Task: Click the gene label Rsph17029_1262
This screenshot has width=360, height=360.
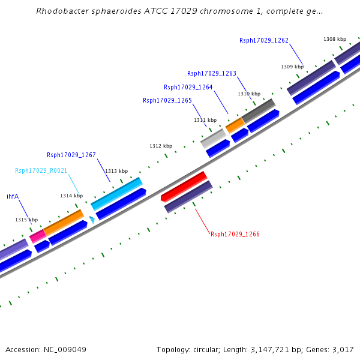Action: point(263,41)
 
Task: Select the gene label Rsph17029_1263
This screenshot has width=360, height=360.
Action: point(211,74)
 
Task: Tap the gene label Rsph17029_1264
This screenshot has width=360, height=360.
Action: point(188,87)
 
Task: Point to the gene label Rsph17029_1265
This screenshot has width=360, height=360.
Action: point(167,100)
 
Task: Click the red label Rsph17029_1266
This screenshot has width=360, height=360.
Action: point(235,234)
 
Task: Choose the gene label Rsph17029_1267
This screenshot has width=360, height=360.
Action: point(71,155)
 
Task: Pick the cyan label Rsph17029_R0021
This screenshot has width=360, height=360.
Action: point(41,170)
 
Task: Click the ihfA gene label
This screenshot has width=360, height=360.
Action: point(13,196)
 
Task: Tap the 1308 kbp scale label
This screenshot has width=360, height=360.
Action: point(334,39)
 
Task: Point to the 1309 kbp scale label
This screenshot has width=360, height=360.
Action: point(292,67)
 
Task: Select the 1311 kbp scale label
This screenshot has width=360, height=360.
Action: point(205,120)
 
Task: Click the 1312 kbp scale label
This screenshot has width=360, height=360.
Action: point(160,146)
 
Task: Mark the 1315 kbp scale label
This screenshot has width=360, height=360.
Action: point(26,220)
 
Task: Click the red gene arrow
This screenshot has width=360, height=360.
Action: point(184,186)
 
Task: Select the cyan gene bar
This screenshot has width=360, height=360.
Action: point(116,193)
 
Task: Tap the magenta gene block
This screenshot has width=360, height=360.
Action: point(37,236)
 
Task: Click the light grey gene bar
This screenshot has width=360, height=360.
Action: point(212,139)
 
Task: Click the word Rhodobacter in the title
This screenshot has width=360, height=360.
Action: point(62,11)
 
